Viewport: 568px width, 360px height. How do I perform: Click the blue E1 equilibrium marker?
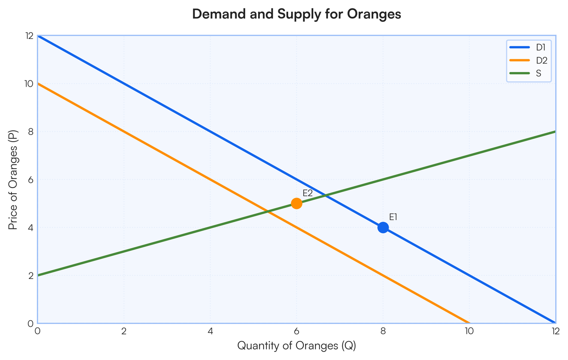click(x=383, y=227)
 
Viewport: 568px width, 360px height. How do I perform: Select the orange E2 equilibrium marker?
click(x=297, y=203)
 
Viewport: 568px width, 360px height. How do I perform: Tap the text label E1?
click(x=393, y=217)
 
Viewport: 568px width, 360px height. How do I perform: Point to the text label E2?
click(x=308, y=193)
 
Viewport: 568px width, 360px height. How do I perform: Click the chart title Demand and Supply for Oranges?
click(x=297, y=14)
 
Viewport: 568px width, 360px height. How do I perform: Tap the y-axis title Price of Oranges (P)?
click(x=13, y=180)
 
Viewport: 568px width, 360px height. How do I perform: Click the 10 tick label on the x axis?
click(x=469, y=331)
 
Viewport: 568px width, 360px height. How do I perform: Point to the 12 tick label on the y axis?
click(x=29, y=36)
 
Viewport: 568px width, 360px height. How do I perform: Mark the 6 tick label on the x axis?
click(x=296, y=331)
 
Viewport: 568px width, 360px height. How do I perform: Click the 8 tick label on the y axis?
click(x=30, y=132)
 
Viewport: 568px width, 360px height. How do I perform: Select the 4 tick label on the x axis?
click(x=210, y=331)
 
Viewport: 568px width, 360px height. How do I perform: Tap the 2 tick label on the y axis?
click(x=30, y=275)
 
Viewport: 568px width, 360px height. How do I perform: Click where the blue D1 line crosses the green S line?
click(x=325, y=195)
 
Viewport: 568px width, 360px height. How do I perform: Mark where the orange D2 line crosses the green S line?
click(x=268, y=211)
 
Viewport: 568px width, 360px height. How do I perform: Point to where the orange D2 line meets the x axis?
click(x=469, y=323)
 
